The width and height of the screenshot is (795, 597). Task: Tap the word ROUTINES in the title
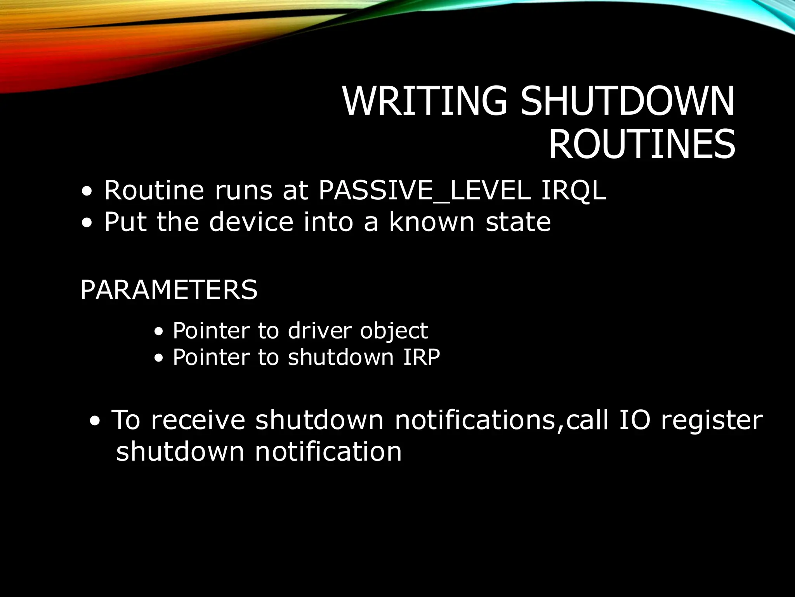tap(642, 145)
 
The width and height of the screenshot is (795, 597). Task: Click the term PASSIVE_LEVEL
tap(424, 191)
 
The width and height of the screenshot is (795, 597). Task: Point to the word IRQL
tap(573, 191)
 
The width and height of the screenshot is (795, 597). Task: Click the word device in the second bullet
tap(251, 222)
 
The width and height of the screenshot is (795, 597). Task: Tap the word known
tap(432, 222)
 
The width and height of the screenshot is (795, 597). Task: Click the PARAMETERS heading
tap(169, 290)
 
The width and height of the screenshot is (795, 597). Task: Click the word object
tap(394, 332)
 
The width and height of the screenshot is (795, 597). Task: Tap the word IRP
tap(421, 357)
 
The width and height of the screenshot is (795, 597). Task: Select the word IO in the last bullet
tap(634, 420)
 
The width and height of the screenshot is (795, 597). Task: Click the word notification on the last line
tap(328, 452)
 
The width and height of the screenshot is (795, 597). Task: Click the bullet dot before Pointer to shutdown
tap(158, 359)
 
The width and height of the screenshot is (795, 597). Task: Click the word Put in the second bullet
tap(125, 222)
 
